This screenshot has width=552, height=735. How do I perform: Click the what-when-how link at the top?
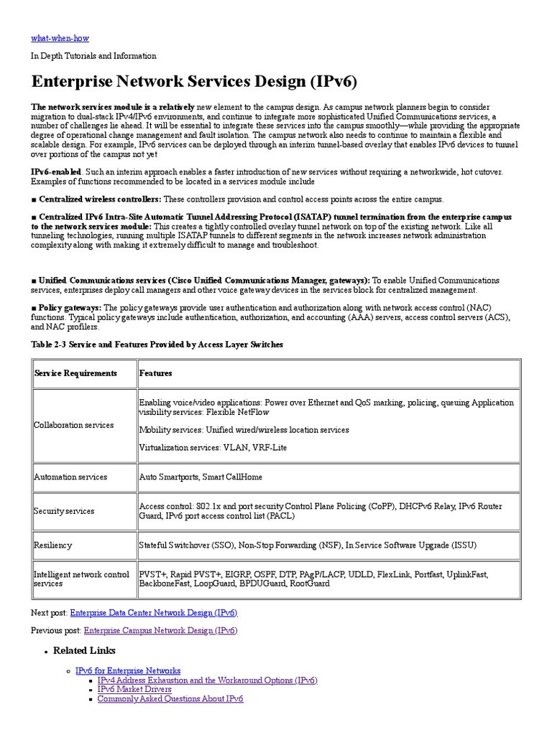[x=60, y=37]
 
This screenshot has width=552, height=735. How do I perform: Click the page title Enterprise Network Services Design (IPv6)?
[x=194, y=79]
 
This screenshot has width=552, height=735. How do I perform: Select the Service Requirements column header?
[x=75, y=373]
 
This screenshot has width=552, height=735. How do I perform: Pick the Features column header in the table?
[x=155, y=373]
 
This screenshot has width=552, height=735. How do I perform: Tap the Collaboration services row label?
[x=74, y=425]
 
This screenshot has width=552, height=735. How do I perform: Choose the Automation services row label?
[x=70, y=477]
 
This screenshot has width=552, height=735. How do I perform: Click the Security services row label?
[x=65, y=511]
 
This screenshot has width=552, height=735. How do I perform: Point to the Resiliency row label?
[x=53, y=546]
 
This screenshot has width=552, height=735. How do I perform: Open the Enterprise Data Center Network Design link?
[x=153, y=613]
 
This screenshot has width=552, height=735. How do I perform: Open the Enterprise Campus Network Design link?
[x=160, y=630]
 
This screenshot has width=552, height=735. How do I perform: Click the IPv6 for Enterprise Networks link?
[x=128, y=670]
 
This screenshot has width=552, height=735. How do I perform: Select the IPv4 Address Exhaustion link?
[x=207, y=680]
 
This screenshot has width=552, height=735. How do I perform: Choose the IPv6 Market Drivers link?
[x=134, y=689]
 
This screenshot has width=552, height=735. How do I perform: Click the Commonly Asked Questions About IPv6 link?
[x=170, y=698]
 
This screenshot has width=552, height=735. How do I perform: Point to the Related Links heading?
[x=84, y=650]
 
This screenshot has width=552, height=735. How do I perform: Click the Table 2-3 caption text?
[x=157, y=345]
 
